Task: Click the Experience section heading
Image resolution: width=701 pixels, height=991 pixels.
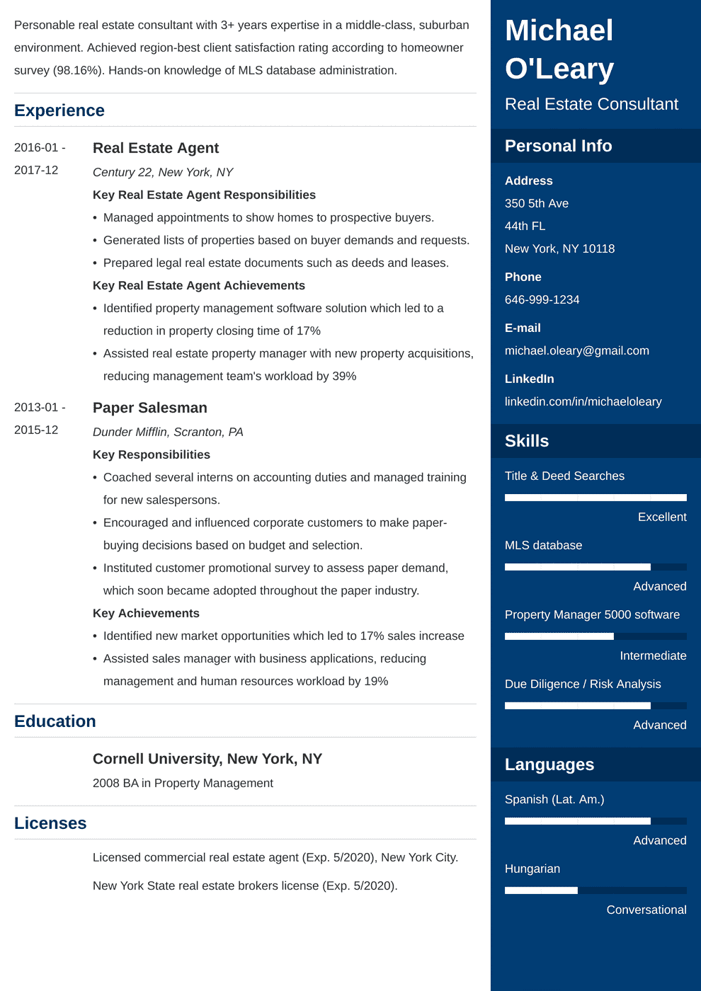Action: coord(59,110)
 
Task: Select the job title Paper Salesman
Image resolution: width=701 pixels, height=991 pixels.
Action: coord(150,408)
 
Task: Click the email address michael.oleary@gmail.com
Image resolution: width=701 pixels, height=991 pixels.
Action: coord(576,350)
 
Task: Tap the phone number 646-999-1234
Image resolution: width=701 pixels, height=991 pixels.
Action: coord(542,299)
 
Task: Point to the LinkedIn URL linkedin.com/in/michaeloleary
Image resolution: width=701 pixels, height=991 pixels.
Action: coord(583,401)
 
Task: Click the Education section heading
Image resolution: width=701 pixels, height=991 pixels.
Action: coord(55,721)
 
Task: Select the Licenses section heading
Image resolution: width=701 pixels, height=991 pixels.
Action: coord(50,823)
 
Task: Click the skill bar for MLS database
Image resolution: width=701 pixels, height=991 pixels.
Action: coord(595,567)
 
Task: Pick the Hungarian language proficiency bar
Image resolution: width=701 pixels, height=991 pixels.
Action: coord(595,890)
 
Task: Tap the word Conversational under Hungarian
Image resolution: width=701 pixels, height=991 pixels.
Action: coord(646,910)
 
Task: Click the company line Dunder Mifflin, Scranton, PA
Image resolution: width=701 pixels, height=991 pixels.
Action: coord(168,432)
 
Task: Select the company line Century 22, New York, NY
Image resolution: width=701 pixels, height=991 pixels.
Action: coord(163,172)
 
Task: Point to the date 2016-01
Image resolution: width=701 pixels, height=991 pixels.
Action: coord(36,147)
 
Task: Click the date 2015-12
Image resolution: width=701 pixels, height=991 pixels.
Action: coord(36,430)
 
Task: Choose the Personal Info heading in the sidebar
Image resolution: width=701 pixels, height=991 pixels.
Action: coord(558,146)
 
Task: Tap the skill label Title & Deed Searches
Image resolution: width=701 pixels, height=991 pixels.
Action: coord(564,476)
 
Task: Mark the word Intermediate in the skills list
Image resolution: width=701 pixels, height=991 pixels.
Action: coord(653,655)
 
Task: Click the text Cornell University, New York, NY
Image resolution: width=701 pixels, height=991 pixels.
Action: coord(207,759)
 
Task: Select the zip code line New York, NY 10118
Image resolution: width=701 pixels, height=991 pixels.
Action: coord(559,248)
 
